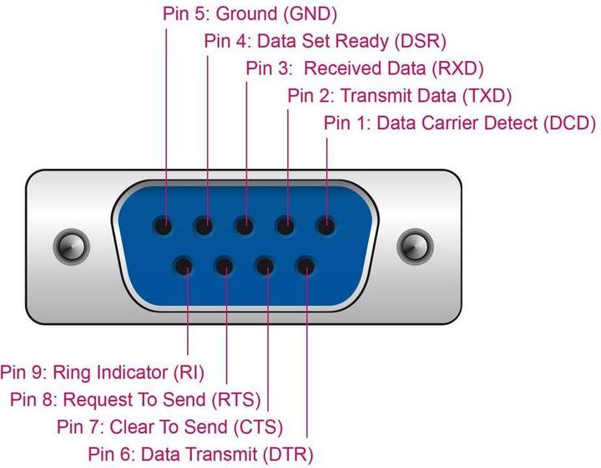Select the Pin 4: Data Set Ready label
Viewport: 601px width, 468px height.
click(x=326, y=41)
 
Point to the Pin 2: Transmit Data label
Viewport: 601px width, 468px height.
click(x=399, y=94)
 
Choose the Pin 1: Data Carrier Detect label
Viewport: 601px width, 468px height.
click(x=459, y=123)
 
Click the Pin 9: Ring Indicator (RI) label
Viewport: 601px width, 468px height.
click(x=102, y=371)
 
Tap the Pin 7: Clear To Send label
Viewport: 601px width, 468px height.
click(x=169, y=426)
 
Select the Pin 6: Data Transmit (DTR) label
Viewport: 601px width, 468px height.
click(x=200, y=454)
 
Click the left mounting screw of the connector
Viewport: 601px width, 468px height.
click(x=71, y=246)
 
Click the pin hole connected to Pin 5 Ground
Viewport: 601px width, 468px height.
click(x=164, y=226)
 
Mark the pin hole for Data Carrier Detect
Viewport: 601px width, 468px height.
click(x=326, y=226)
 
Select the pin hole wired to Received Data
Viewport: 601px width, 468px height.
click(x=245, y=226)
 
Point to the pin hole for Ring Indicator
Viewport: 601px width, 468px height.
click(x=184, y=267)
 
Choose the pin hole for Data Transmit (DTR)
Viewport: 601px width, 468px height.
click(x=306, y=267)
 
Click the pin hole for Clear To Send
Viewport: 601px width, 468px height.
click(x=265, y=267)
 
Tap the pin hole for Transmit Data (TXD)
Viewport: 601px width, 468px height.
click(x=285, y=226)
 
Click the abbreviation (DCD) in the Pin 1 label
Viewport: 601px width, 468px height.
click(x=569, y=123)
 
